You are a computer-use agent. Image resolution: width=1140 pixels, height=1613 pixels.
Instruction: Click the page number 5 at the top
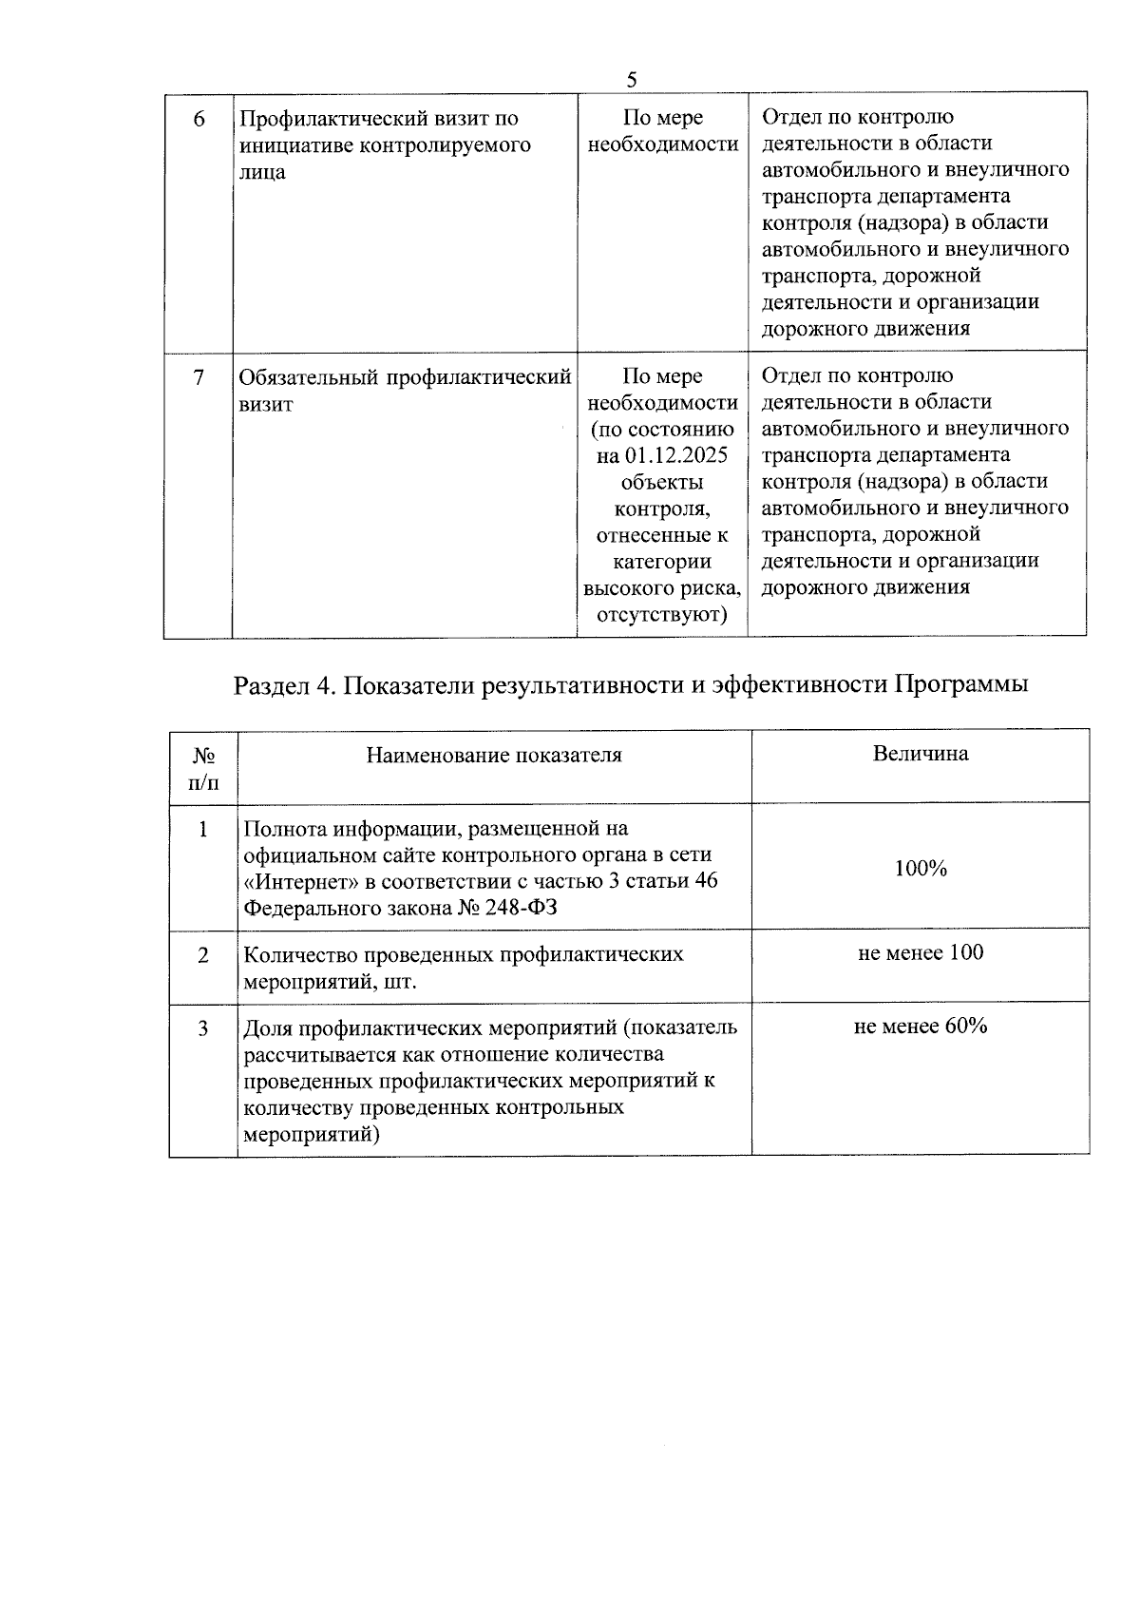[632, 80]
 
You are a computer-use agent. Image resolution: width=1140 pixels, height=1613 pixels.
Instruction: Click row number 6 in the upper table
[199, 120]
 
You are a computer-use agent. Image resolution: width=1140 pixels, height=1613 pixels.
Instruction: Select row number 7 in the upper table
[199, 377]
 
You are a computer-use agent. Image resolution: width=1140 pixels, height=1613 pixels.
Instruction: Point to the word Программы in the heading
[960, 685]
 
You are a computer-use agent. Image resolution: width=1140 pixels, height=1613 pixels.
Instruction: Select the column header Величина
[920, 754]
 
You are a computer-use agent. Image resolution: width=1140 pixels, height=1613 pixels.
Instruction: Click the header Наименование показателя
[494, 756]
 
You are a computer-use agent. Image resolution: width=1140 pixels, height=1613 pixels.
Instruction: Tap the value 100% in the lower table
[920, 868]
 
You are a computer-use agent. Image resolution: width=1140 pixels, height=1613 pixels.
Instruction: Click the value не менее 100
[920, 952]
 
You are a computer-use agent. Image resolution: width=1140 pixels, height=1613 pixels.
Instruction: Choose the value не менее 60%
[920, 1027]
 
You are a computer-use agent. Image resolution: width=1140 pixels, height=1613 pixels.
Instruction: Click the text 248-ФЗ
[523, 908]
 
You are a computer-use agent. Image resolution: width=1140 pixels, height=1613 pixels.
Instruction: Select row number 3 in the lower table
[202, 1028]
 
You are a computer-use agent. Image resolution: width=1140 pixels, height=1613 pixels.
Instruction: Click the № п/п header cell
[203, 769]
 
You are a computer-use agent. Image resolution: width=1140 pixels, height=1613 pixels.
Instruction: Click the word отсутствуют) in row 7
[661, 615]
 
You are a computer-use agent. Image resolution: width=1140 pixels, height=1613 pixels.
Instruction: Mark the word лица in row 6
[262, 173]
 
